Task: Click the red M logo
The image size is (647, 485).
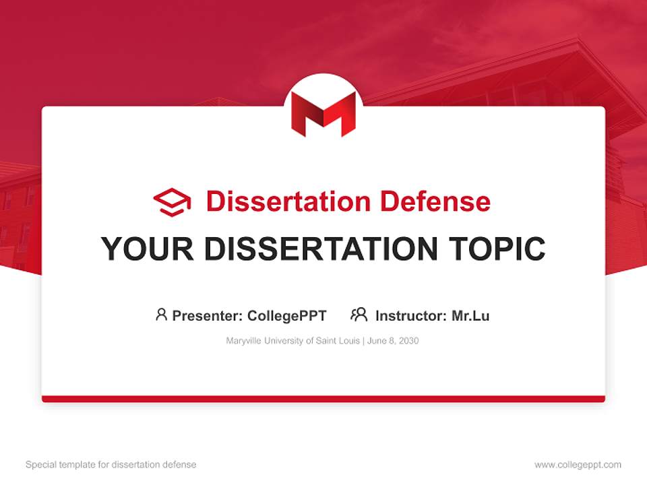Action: point(323,113)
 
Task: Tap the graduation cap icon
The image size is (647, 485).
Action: point(172,202)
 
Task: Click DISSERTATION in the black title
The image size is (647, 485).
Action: point(321,249)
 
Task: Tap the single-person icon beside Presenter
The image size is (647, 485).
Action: point(161,315)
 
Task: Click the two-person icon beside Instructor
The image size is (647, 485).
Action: point(359,315)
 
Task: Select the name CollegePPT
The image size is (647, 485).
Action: point(287,315)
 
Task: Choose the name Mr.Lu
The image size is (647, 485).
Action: point(470,315)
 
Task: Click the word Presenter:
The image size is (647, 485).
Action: point(208,315)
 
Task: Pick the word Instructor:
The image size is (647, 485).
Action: point(411,315)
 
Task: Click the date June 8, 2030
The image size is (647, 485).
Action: point(394,341)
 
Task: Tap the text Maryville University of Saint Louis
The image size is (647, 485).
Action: point(293,341)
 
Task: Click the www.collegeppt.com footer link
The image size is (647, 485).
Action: point(578,465)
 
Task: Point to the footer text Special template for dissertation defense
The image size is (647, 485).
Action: point(111,465)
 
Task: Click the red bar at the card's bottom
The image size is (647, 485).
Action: point(323,399)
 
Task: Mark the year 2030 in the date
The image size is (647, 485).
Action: point(408,341)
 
